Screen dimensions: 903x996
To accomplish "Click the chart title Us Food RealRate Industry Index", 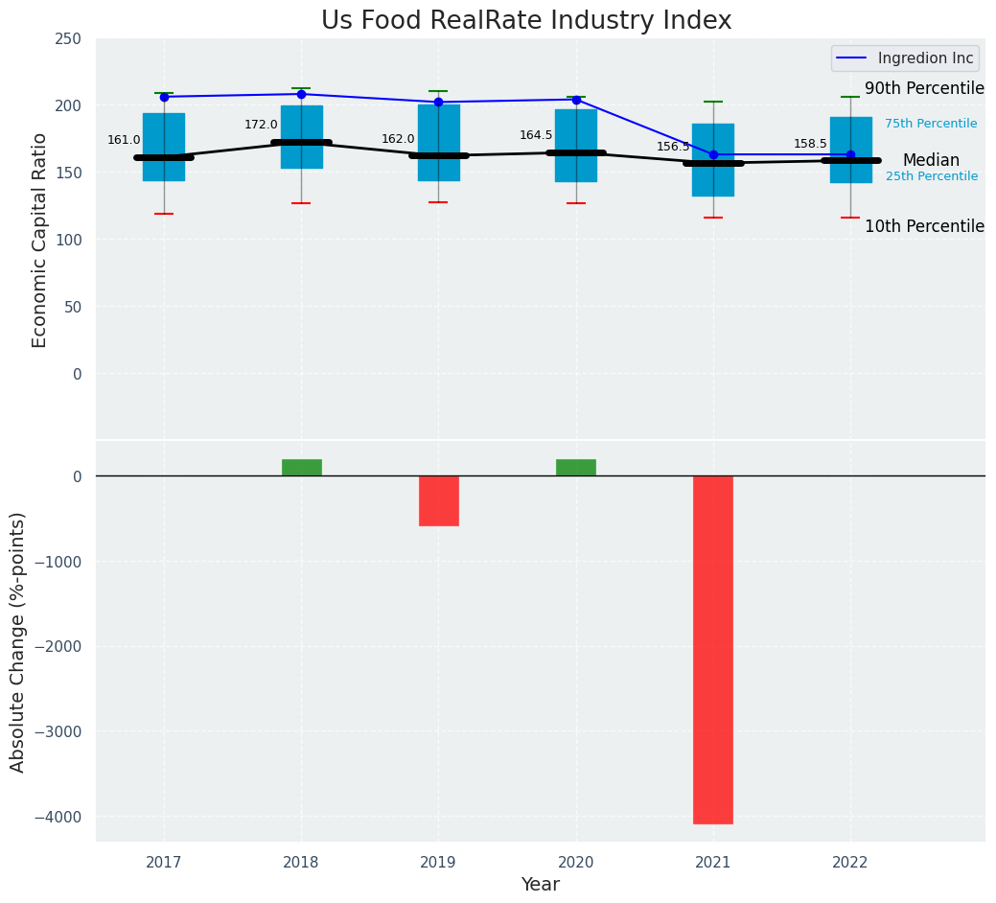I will click(526, 21).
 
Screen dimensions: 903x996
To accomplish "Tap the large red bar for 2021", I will click(713, 649).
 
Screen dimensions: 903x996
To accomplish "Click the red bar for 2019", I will click(439, 500).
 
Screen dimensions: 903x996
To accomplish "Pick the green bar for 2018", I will click(302, 467).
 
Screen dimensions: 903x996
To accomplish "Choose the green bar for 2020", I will click(576, 467).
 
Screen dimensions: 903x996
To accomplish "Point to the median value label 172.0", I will click(261, 125).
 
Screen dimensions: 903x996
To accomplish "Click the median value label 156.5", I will click(673, 147).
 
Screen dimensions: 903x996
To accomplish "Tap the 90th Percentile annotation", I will click(924, 88).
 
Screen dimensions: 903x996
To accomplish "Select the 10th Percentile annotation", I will click(924, 226).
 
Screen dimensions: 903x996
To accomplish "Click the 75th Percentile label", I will click(931, 124).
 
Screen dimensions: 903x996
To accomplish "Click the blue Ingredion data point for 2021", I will click(713, 154).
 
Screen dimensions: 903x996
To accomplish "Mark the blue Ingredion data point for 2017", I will click(164, 97).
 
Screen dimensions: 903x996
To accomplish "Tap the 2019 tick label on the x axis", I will click(439, 863).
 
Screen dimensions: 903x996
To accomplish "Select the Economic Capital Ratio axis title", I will click(40, 240).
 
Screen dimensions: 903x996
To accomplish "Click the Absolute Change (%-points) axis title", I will click(18, 641).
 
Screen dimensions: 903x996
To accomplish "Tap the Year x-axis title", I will click(541, 885).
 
